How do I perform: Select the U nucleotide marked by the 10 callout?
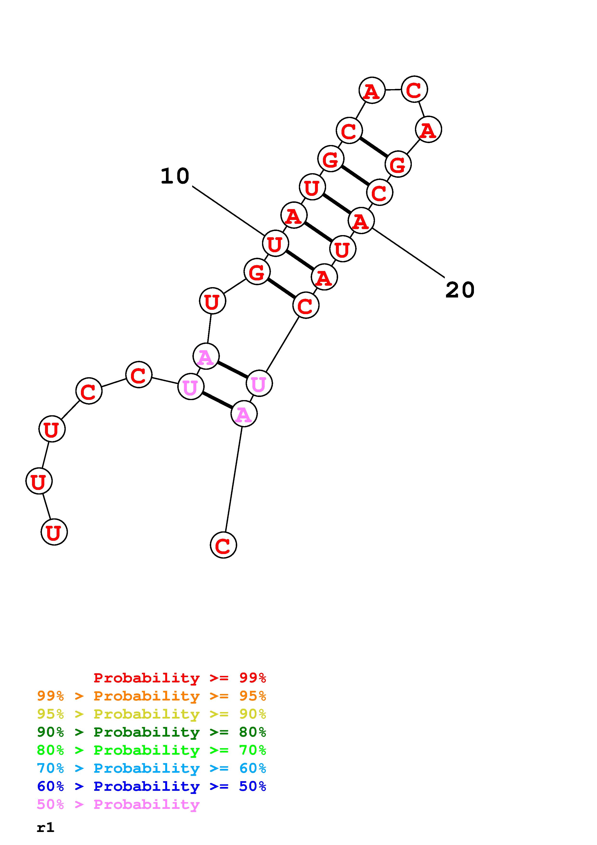(275, 244)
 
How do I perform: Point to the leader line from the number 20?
(408, 252)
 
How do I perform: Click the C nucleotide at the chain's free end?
(223, 545)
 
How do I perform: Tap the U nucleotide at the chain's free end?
(54, 532)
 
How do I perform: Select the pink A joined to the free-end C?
(243, 414)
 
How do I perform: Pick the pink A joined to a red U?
(206, 356)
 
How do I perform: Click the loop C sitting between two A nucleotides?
(414, 89)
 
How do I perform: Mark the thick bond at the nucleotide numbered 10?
(299, 260)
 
